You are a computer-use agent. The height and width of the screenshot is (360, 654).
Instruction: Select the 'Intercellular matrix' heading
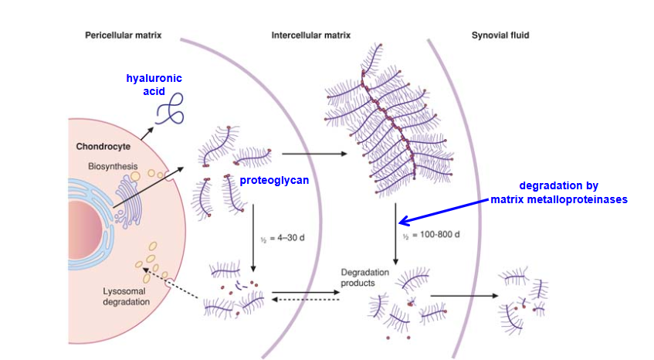[311, 36]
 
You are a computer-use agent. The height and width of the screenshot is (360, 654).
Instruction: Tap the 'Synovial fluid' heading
[500, 36]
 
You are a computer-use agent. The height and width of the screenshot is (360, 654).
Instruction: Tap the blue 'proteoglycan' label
[274, 179]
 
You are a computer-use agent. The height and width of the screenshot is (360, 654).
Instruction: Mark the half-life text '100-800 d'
[434, 234]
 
